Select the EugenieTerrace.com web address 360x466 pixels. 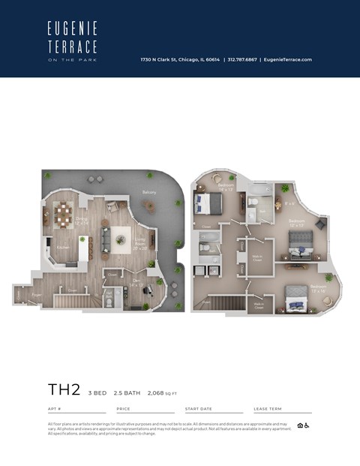(x=287, y=60)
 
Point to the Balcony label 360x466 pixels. (x=149, y=192)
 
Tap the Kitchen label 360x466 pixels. (x=63, y=247)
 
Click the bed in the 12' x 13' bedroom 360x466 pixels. (x=302, y=241)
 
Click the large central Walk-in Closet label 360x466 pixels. (x=256, y=259)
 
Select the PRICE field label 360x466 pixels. (x=123, y=409)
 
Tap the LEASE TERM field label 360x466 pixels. (x=267, y=409)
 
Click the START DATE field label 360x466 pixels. (x=199, y=409)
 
